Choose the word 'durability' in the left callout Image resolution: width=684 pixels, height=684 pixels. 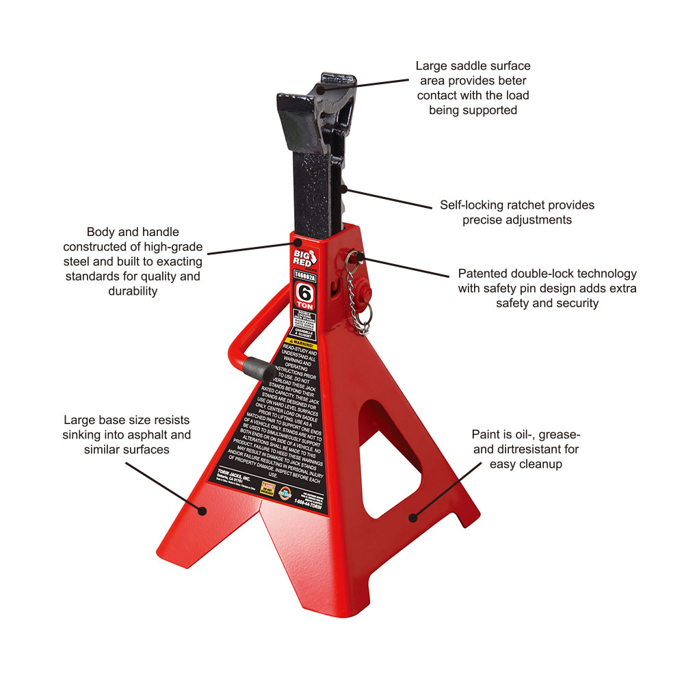(x=133, y=291)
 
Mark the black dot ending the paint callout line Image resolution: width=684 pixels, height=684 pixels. (x=412, y=518)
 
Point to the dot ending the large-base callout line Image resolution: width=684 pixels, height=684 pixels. (x=202, y=510)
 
